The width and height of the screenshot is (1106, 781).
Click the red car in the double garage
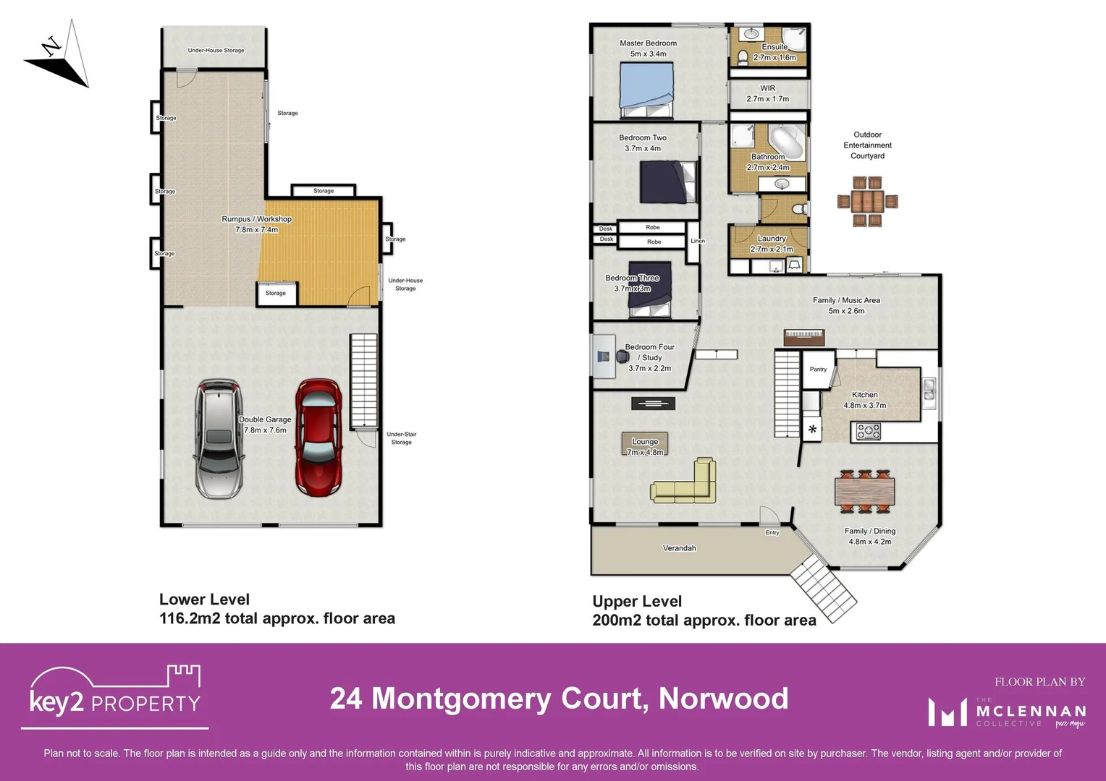318,438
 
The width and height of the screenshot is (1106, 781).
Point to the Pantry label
818,370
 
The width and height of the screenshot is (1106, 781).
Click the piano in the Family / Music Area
804,337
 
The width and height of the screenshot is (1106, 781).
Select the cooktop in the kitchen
868,432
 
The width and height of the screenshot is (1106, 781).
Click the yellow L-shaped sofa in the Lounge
687,482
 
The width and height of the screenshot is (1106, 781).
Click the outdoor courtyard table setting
867,201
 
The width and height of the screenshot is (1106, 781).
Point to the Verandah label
679,548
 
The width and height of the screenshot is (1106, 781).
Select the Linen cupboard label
698,241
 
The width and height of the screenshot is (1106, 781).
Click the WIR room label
767,88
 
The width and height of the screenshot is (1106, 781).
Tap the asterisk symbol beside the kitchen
812,430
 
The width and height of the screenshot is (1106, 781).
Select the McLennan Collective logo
1007,712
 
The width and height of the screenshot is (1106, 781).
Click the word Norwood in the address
723,699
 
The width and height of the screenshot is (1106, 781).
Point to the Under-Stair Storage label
401,438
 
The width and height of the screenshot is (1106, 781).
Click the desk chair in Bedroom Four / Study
622,356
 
